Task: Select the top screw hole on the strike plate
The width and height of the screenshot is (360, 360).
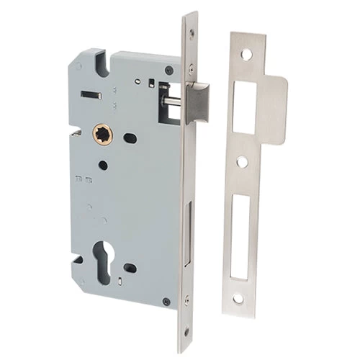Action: click(x=246, y=55)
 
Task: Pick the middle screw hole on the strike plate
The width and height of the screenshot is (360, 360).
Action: click(x=243, y=162)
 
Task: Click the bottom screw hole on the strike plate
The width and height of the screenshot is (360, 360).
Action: click(x=238, y=297)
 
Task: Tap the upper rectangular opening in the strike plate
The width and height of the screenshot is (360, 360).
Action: click(x=245, y=107)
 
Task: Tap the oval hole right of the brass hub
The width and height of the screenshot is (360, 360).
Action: click(x=130, y=137)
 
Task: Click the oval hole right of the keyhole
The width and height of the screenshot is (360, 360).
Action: click(x=130, y=268)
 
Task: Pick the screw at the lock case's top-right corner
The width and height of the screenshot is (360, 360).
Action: click(x=168, y=71)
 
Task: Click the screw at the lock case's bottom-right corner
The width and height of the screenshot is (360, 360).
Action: click(x=166, y=302)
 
